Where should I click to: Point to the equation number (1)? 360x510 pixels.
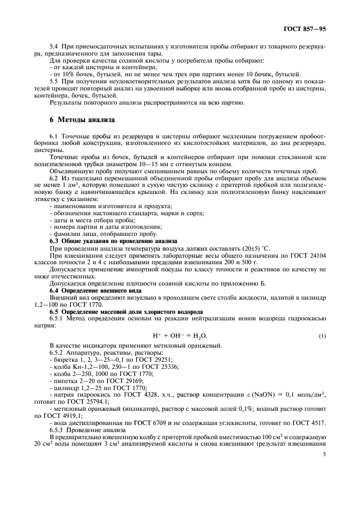coord(322,335)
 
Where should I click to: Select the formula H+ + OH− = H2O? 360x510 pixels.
coord(180,335)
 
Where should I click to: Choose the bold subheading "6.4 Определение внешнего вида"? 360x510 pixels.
coord(87,290)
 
